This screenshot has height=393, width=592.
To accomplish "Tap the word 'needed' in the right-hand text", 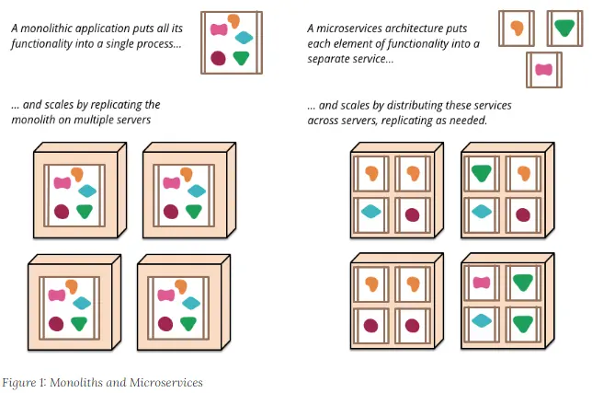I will (467, 121).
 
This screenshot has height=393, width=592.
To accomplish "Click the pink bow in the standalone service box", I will (544, 70).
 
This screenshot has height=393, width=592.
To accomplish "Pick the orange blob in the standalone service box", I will (517, 29).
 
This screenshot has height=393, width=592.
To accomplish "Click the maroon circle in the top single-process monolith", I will (219, 58).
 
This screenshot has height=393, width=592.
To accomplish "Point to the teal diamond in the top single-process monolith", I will (245, 38).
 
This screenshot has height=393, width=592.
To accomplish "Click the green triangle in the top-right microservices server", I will (480, 172).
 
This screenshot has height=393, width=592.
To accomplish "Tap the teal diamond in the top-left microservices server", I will (370, 211).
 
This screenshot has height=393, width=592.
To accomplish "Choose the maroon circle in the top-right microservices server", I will (523, 214).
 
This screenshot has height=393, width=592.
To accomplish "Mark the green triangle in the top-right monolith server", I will (195, 211).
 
